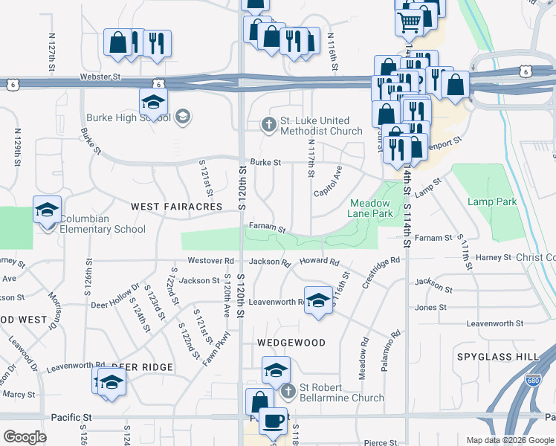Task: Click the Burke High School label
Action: click(x=127, y=117)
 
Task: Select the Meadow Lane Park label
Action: click(x=370, y=207)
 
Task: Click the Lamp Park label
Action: click(x=492, y=201)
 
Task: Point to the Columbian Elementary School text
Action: click(x=102, y=224)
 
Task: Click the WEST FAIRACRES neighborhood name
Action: click(x=177, y=206)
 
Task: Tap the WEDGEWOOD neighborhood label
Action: click(x=291, y=343)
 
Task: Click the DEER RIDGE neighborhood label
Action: click(x=142, y=367)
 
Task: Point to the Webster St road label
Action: click(x=100, y=77)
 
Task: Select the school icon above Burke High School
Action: click(x=153, y=102)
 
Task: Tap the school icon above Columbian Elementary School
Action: click(x=47, y=210)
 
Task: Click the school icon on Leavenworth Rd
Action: click(x=318, y=300)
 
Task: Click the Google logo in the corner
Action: click(x=25, y=437)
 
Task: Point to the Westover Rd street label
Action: click(x=210, y=261)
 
